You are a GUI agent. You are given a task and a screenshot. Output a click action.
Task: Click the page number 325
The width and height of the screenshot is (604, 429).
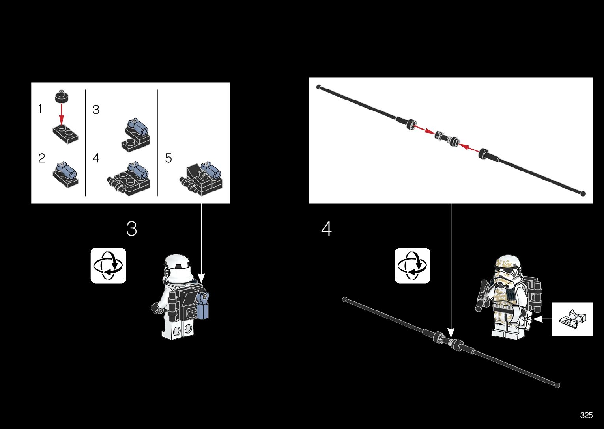point(586,415)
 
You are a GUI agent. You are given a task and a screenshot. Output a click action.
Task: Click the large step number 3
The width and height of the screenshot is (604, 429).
point(132,229)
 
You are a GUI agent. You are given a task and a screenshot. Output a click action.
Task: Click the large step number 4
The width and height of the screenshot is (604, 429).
point(326,229)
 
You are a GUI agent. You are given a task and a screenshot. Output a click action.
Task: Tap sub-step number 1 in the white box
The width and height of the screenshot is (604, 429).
point(40,109)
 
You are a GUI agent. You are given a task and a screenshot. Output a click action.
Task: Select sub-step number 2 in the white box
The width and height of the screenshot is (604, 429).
point(41,158)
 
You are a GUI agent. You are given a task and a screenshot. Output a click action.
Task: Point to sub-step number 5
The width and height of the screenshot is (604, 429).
point(168,158)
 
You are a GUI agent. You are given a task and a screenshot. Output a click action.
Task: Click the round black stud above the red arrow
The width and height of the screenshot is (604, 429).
point(62,96)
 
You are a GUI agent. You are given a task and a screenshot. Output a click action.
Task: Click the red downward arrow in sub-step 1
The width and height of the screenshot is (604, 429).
point(62,114)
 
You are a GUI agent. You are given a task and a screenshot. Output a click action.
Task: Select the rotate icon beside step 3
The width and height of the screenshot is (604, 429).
point(108,266)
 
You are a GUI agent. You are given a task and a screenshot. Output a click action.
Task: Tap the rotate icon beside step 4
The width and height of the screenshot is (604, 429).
point(412,266)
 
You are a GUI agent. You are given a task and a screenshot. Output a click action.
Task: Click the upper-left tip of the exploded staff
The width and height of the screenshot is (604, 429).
point(318,87)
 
